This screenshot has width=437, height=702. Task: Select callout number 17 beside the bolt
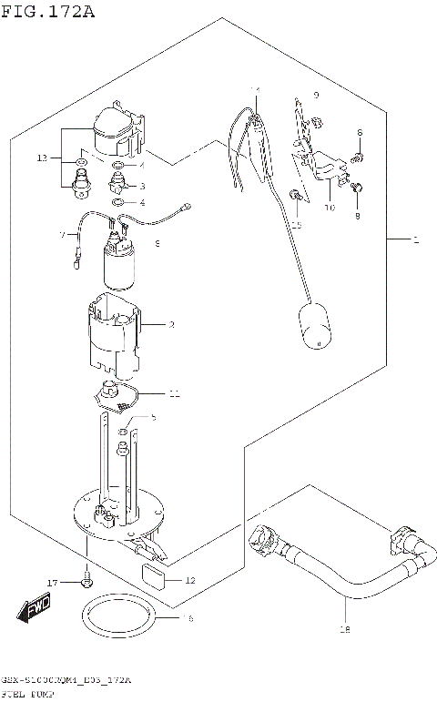[53, 582]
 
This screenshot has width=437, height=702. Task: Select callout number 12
[189, 580]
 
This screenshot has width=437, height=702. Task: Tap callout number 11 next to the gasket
[174, 394]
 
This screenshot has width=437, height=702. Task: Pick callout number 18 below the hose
[344, 629]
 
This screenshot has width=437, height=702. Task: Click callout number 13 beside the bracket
[42, 158]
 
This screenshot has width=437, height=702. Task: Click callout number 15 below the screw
[296, 224]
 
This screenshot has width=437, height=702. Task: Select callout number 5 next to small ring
[153, 417]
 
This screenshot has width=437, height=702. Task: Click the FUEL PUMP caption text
[26, 694]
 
